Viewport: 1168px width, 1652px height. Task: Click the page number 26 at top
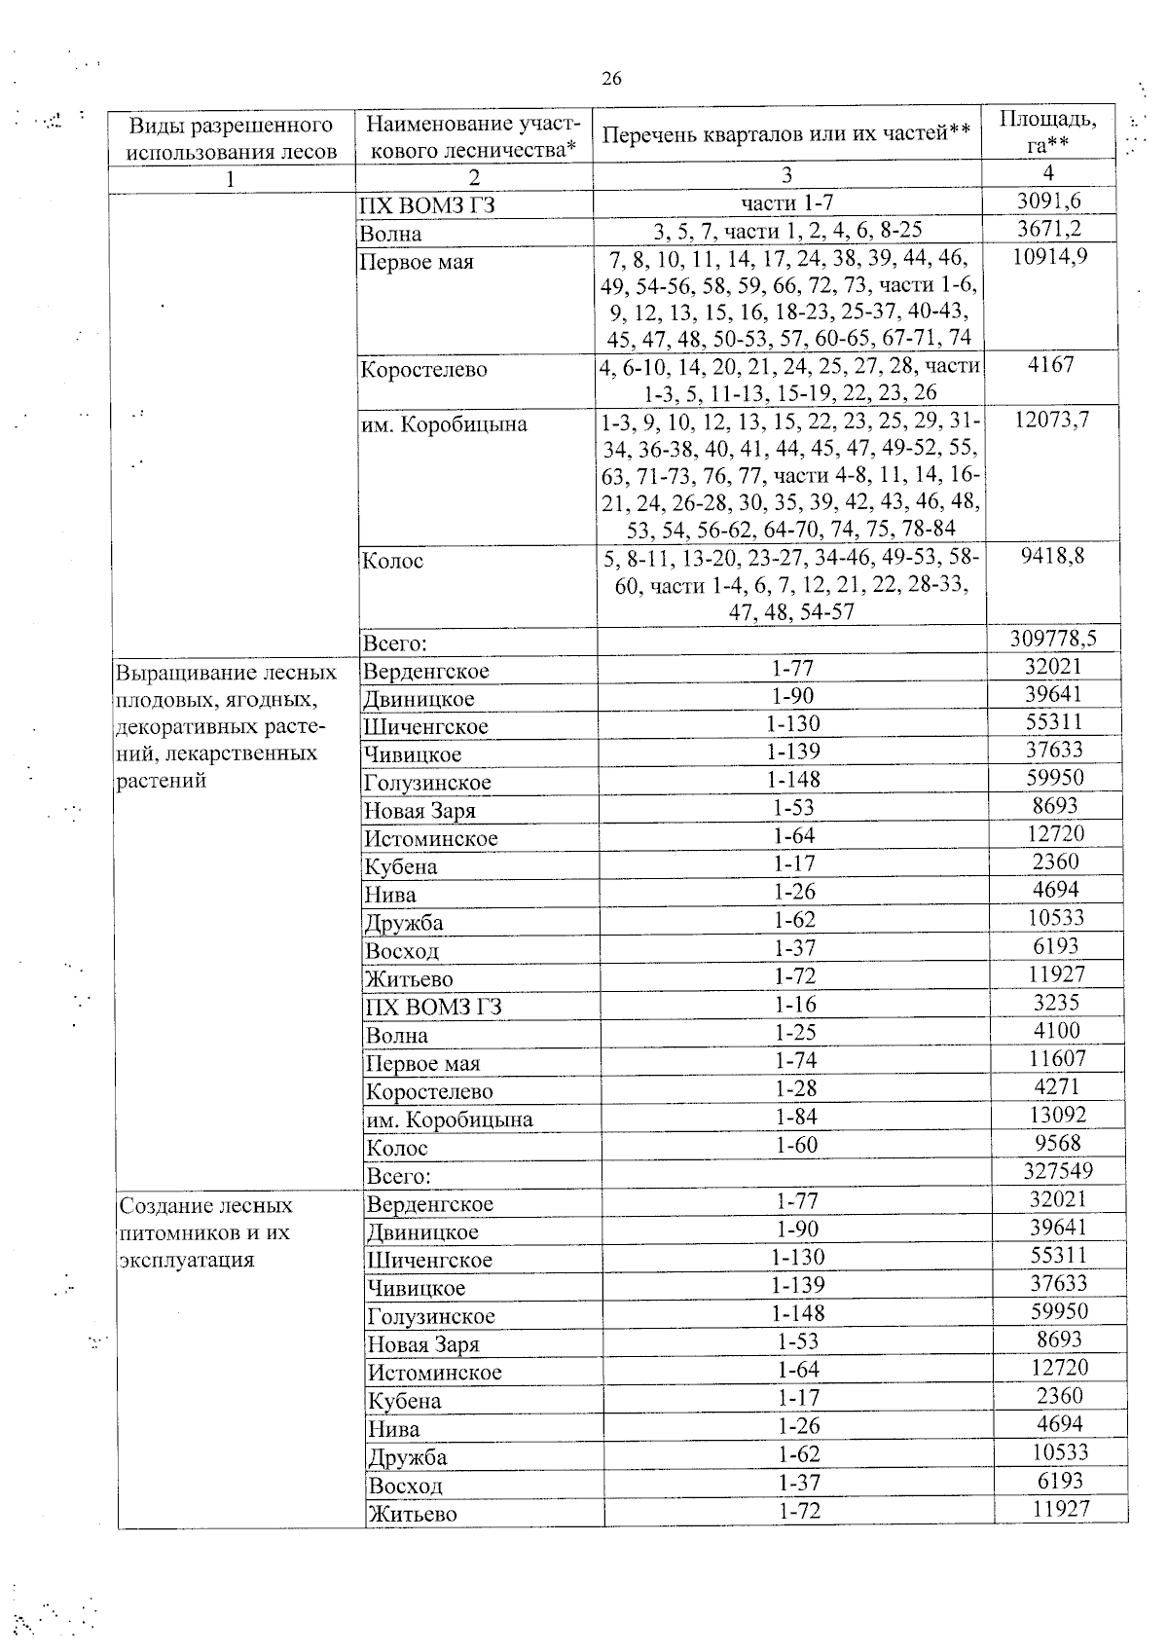click(611, 79)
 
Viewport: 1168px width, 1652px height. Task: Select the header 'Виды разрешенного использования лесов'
click(232, 138)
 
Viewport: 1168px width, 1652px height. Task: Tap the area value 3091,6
click(1048, 202)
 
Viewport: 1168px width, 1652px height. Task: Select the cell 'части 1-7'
click(787, 202)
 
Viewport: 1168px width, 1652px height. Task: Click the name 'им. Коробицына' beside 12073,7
click(444, 424)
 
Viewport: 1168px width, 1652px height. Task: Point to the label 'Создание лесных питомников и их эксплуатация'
click(205, 1232)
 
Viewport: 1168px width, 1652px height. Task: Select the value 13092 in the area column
click(1058, 1115)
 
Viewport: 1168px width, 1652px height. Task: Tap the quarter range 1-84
click(795, 1117)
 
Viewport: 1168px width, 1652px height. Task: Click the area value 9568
click(1058, 1143)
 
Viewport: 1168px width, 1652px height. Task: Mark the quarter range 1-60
click(795, 1145)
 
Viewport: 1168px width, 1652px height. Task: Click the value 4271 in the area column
click(1058, 1086)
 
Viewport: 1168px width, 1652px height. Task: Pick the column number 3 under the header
click(786, 175)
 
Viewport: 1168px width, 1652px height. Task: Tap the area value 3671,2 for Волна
click(1048, 230)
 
